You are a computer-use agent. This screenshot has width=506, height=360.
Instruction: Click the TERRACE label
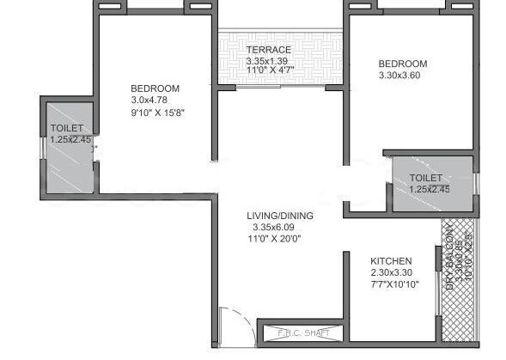click(x=269, y=50)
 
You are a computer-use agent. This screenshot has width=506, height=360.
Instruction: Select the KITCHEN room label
click(x=391, y=261)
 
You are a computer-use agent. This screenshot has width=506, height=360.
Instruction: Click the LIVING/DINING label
click(x=279, y=216)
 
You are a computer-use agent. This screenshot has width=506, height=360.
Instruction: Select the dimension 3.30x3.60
click(x=403, y=76)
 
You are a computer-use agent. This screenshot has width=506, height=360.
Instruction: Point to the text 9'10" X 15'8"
click(x=158, y=112)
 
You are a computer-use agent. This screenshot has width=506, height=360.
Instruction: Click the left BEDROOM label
click(x=155, y=88)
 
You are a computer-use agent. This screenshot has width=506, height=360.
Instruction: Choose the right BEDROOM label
click(x=403, y=64)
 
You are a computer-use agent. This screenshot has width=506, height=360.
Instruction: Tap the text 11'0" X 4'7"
click(x=269, y=72)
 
